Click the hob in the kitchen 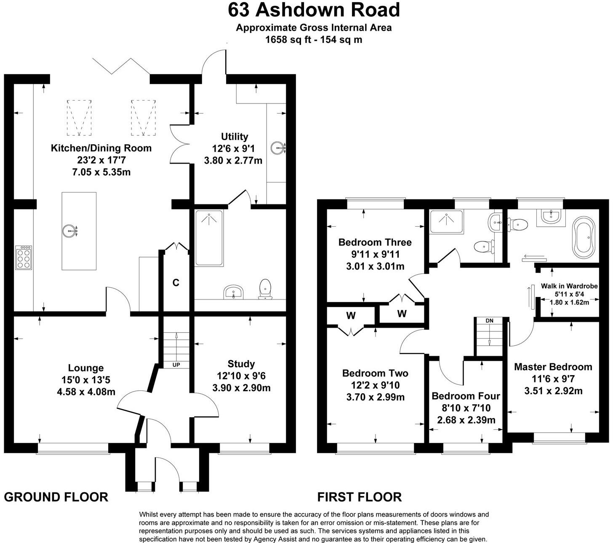pos(23,258)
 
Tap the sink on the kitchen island pos(70,230)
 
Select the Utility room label pos(235,137)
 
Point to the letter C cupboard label pos(176,283)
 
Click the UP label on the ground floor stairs pos(176,365)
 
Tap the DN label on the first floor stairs pos(489,321)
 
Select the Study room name pos(241,364)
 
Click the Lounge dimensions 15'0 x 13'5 pos(85,380)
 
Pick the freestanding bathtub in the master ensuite pos(583,236)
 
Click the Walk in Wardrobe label pos(569,286)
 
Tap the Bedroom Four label pos(466,396)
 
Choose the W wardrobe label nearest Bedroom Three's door pos(402,313)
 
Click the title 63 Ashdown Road pos(314,10)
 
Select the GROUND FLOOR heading pos(56,497)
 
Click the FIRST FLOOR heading pos(359,497)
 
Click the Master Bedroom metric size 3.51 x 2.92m pos(553,391)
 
